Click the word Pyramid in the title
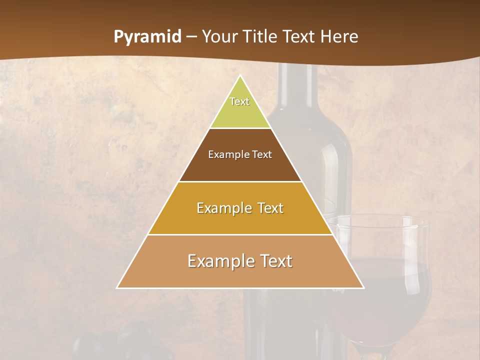pos(147,37)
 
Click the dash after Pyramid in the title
pos(191,37)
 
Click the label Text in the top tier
pos(239,101)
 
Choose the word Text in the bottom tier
pos(273,261)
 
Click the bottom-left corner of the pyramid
pos(117,287)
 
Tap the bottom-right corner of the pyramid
pos(363,287)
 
